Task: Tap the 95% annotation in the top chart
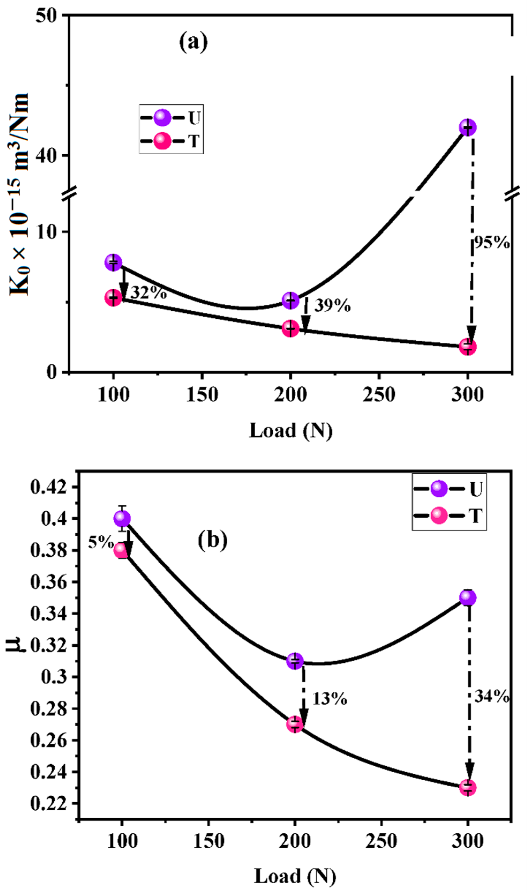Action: point(492,243)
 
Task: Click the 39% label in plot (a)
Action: point(332,305)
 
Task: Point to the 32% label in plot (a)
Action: point(148,293)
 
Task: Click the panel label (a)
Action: point(193,42)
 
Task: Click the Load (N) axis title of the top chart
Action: point(291,431)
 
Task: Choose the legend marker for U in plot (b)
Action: point(439,489)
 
